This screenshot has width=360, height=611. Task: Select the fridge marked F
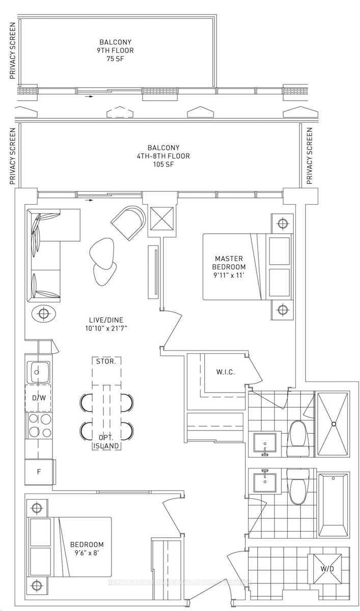[38, 472]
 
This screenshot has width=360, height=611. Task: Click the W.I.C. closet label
[225, 372]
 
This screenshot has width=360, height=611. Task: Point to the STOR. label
[106, 362]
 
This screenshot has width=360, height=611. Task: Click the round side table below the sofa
[43, 313]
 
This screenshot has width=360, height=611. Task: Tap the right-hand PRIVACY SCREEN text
[309, 156]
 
